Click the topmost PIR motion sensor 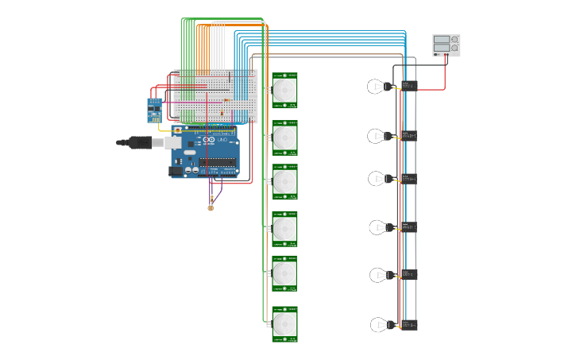pos(284,91)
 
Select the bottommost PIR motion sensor pos(284,323)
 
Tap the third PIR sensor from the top pos(284,182)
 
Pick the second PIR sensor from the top pos(284,137)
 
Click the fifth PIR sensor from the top pos(284,273)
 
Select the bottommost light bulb pos(381,324)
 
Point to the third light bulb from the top pos(378,179)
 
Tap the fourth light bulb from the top pos(379,227)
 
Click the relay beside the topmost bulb pos(408,86)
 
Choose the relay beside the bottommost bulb pos(408,324)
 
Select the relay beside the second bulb pos(408,136)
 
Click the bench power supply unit pos(446,45)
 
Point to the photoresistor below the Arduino pos(211,207)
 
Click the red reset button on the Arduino pos(177,130)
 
